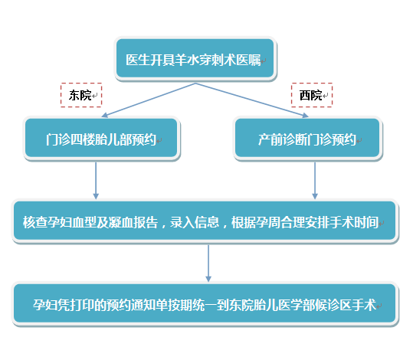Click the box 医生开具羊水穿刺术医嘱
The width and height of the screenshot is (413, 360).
point(195,58)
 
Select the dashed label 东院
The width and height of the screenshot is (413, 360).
point(81,95)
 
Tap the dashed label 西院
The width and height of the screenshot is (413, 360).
point(312,95)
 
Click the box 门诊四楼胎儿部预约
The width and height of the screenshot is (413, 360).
point(102,139)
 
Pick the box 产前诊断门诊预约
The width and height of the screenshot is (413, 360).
point(308,139)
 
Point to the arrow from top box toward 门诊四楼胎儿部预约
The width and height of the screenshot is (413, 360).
point(149,100)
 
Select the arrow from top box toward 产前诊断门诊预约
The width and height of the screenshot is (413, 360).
point(252,100)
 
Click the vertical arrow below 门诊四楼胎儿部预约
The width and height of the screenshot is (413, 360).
point(96,181)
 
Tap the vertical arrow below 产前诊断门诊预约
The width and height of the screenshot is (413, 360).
point(315,181)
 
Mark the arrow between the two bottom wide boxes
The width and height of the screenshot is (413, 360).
point(208,263)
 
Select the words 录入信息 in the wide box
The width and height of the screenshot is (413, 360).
point(195,222)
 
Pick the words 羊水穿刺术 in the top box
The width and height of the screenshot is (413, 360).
point(205,60)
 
